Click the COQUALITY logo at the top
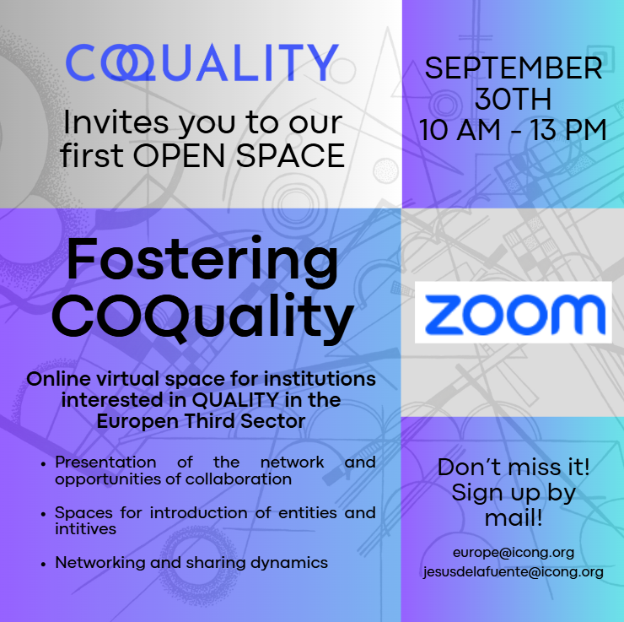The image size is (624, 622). (x=202, y=62)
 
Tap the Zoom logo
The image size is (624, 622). (x=514, y=312)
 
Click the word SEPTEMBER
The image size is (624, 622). (x=514, y=68)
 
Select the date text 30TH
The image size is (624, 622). (x=514, y=99)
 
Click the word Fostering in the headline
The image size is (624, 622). (x=202, y=260)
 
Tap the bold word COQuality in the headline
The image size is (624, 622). (x=203, y=318)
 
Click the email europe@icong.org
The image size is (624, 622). (x=514, y=553)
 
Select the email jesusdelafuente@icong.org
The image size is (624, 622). (x=514, y=572)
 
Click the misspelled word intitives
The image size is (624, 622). (x=85, y=529)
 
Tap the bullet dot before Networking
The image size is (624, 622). (x=43, y=564)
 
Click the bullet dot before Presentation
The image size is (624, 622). (x=43, y=463)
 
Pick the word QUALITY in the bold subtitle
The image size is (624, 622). (x=235, y=400)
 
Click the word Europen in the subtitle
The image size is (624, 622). (x=137, y=421)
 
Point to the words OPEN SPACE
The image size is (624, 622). (x=239, y=155)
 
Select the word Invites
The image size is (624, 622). (x=116, y=122)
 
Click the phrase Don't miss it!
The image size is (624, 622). (x=514, y=467)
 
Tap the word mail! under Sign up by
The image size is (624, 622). (x=514, y=518)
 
